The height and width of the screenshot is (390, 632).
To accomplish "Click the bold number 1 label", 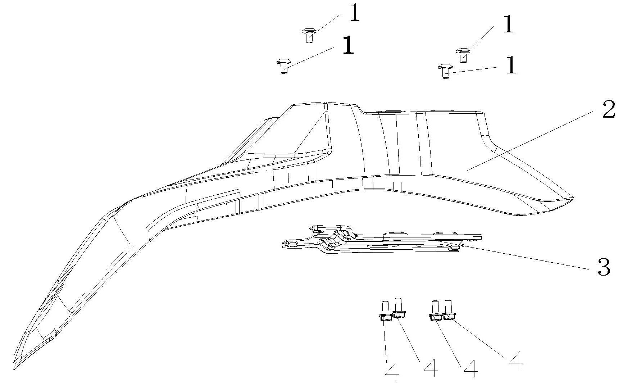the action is tap(347, 46).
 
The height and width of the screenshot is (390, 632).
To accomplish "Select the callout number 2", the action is tap(609, 110).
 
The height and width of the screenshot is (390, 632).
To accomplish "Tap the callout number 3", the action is tap(604, 267).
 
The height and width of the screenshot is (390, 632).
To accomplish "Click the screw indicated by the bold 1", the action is tap(283, 66).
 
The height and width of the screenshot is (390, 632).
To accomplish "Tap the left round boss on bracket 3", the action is tap(395, 235).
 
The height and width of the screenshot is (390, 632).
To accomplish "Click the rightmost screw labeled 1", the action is tap(463, 55).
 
